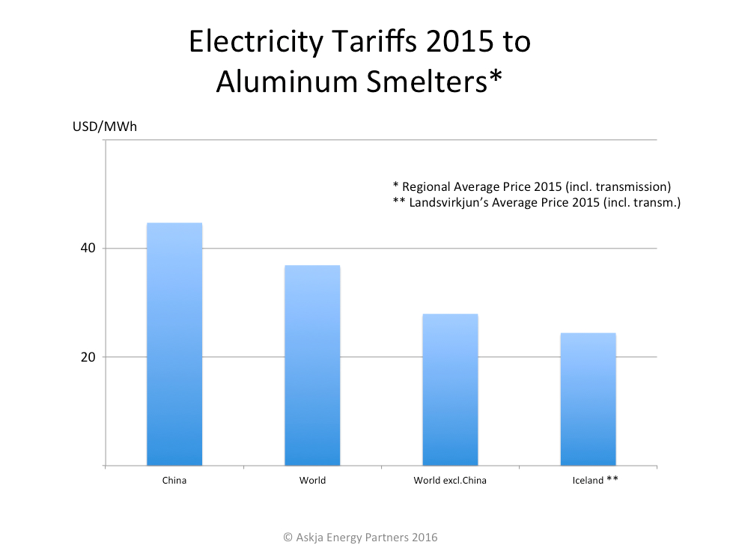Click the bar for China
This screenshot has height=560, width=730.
coord(174,344)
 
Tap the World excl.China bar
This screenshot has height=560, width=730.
coord(450,389)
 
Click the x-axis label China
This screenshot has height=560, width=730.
coord(174,481)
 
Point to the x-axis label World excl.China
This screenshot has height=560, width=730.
coord(450,481)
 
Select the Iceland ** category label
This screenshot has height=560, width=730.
coord(590,481)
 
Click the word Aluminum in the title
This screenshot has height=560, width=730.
coord(289,83)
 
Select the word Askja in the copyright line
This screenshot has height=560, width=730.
coord(312,538)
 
